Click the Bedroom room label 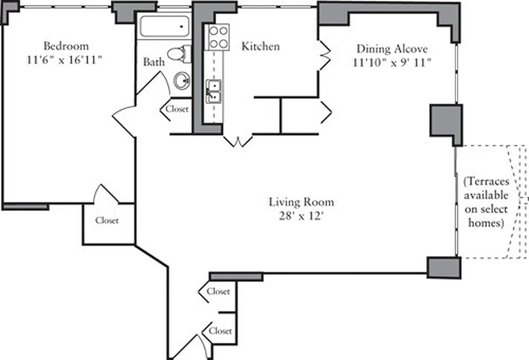(x=66, y=46)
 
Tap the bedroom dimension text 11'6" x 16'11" (x=66, y=60)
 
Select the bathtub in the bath (x=164, y=27)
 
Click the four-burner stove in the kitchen (x=218, y=37)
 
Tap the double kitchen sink (x=214, y=91)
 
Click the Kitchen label (x=260, y=46)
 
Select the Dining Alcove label (x=392, y=48)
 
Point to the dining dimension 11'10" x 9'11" (x=392, y=63)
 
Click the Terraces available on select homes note (x=486, y=202)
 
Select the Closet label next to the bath (x=177, y=109)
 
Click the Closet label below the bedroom (x=107, y=220)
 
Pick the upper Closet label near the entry (x=219, y=291)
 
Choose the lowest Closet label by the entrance (x=220, y=331)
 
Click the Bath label (x=154, y=62)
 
